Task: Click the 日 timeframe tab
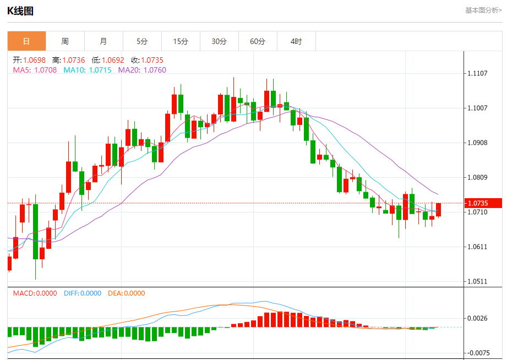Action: coord(26,41)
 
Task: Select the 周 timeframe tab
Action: coord(65,41)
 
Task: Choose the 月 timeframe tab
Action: coord(103,41)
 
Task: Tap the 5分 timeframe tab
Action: coord(142,41)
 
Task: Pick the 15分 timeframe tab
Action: coord(181,41)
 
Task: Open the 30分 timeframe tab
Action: coord(219,41)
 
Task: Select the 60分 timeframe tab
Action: coord(258,41)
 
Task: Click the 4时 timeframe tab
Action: coord(296,41)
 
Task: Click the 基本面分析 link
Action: coord(483,10)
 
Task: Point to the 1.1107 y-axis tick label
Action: coord(477,73)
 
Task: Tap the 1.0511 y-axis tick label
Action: coord(477,281)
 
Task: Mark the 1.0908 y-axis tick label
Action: coord(477,143)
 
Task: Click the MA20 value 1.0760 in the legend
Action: coord(155,70)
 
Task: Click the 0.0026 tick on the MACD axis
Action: coord(477,318)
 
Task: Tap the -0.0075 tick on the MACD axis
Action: coord(477,353)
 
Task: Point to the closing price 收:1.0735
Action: coord(147,60)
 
